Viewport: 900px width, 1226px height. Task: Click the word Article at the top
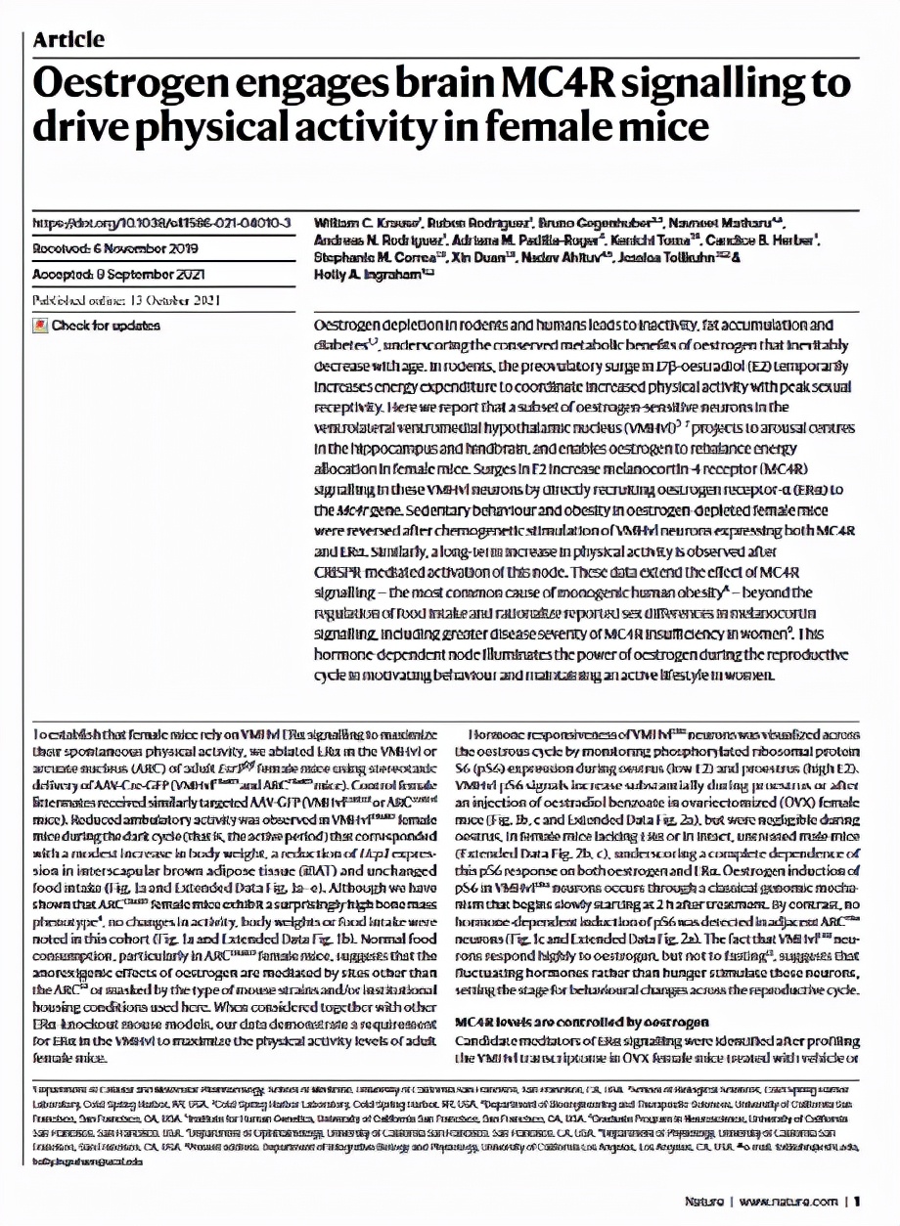[x=68, y=39]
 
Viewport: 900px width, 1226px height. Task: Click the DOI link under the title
[x=162, y=223]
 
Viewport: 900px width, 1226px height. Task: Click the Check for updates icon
[x=40, y=326]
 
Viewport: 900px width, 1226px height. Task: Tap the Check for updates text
[x=106, y=326]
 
